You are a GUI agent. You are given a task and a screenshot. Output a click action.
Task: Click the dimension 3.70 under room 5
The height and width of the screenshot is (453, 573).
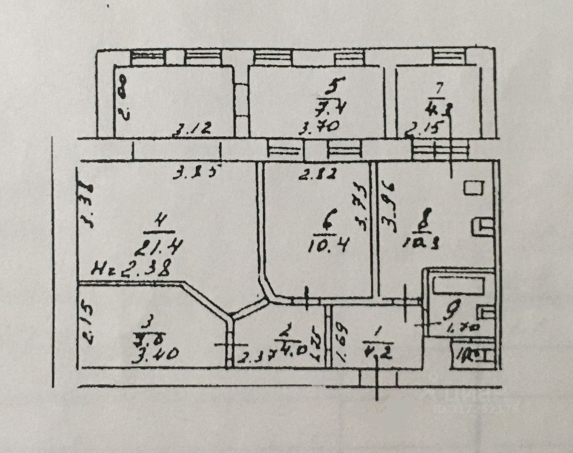(319, 127)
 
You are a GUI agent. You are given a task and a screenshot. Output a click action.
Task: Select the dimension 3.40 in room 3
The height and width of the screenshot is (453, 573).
(154, 352)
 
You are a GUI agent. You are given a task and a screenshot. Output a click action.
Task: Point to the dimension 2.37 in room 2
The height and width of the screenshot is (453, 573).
(256, 357)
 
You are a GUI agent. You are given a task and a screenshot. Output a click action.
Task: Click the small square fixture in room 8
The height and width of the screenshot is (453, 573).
(473, 187)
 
